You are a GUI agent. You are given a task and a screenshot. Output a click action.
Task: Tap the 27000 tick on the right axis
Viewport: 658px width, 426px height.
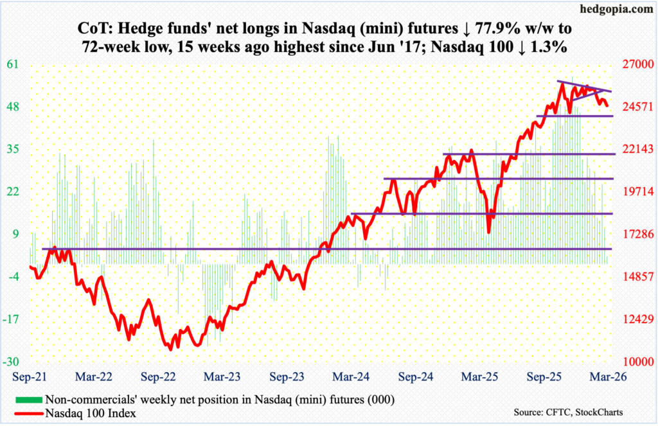pyautogui.click(x=634, y=64)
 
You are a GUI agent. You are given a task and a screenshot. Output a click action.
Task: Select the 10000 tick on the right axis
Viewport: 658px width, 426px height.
pyautogui.click(x=634, y=361)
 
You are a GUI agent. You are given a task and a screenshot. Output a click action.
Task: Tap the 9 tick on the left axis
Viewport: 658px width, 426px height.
pyautogui.click(x=17, y=234)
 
